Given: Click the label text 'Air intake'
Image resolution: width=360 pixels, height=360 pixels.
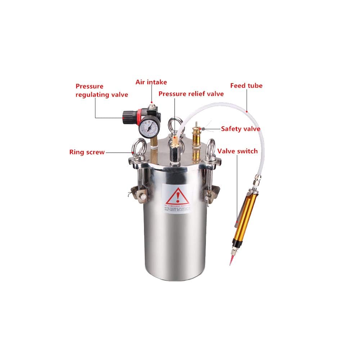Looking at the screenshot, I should (x=151, y=82).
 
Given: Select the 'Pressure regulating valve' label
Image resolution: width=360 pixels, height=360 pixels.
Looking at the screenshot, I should (x=102, y=90).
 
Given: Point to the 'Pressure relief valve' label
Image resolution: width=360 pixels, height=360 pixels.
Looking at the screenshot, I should (x=191, y=94).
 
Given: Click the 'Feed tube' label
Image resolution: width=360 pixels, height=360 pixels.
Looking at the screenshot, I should (x=246, y=86).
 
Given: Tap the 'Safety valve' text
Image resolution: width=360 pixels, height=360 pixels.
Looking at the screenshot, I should (x=240, y=129).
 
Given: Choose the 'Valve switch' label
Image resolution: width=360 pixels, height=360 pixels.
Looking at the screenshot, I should (x=237, y=151).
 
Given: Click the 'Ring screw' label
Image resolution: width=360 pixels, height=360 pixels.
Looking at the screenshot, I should (x=87, y=152).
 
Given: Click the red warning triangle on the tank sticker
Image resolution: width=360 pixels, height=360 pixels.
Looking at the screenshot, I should (x=175, y=197).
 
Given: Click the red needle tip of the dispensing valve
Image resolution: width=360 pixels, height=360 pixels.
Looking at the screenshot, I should (x=231, y=260).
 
